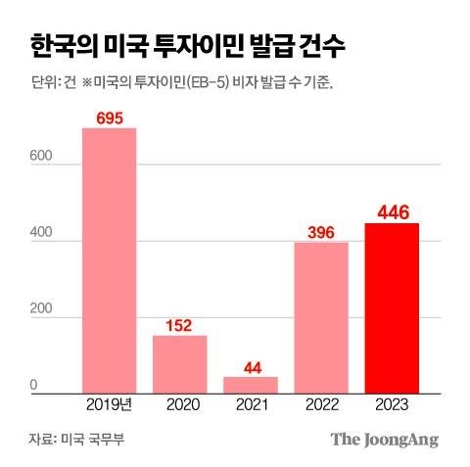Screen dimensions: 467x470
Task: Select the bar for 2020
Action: (x=179, y=363)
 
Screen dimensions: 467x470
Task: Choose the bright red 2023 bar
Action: (x=391, y=306)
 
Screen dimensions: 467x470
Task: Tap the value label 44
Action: (x=250, y=367)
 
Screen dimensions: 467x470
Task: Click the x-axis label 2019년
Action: (x=109, y=403)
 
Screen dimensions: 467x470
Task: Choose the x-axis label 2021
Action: (x=250, y=403)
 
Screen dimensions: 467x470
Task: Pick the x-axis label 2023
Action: (x=391, y=403)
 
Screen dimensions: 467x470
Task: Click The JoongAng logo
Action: (x=384, y=439)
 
